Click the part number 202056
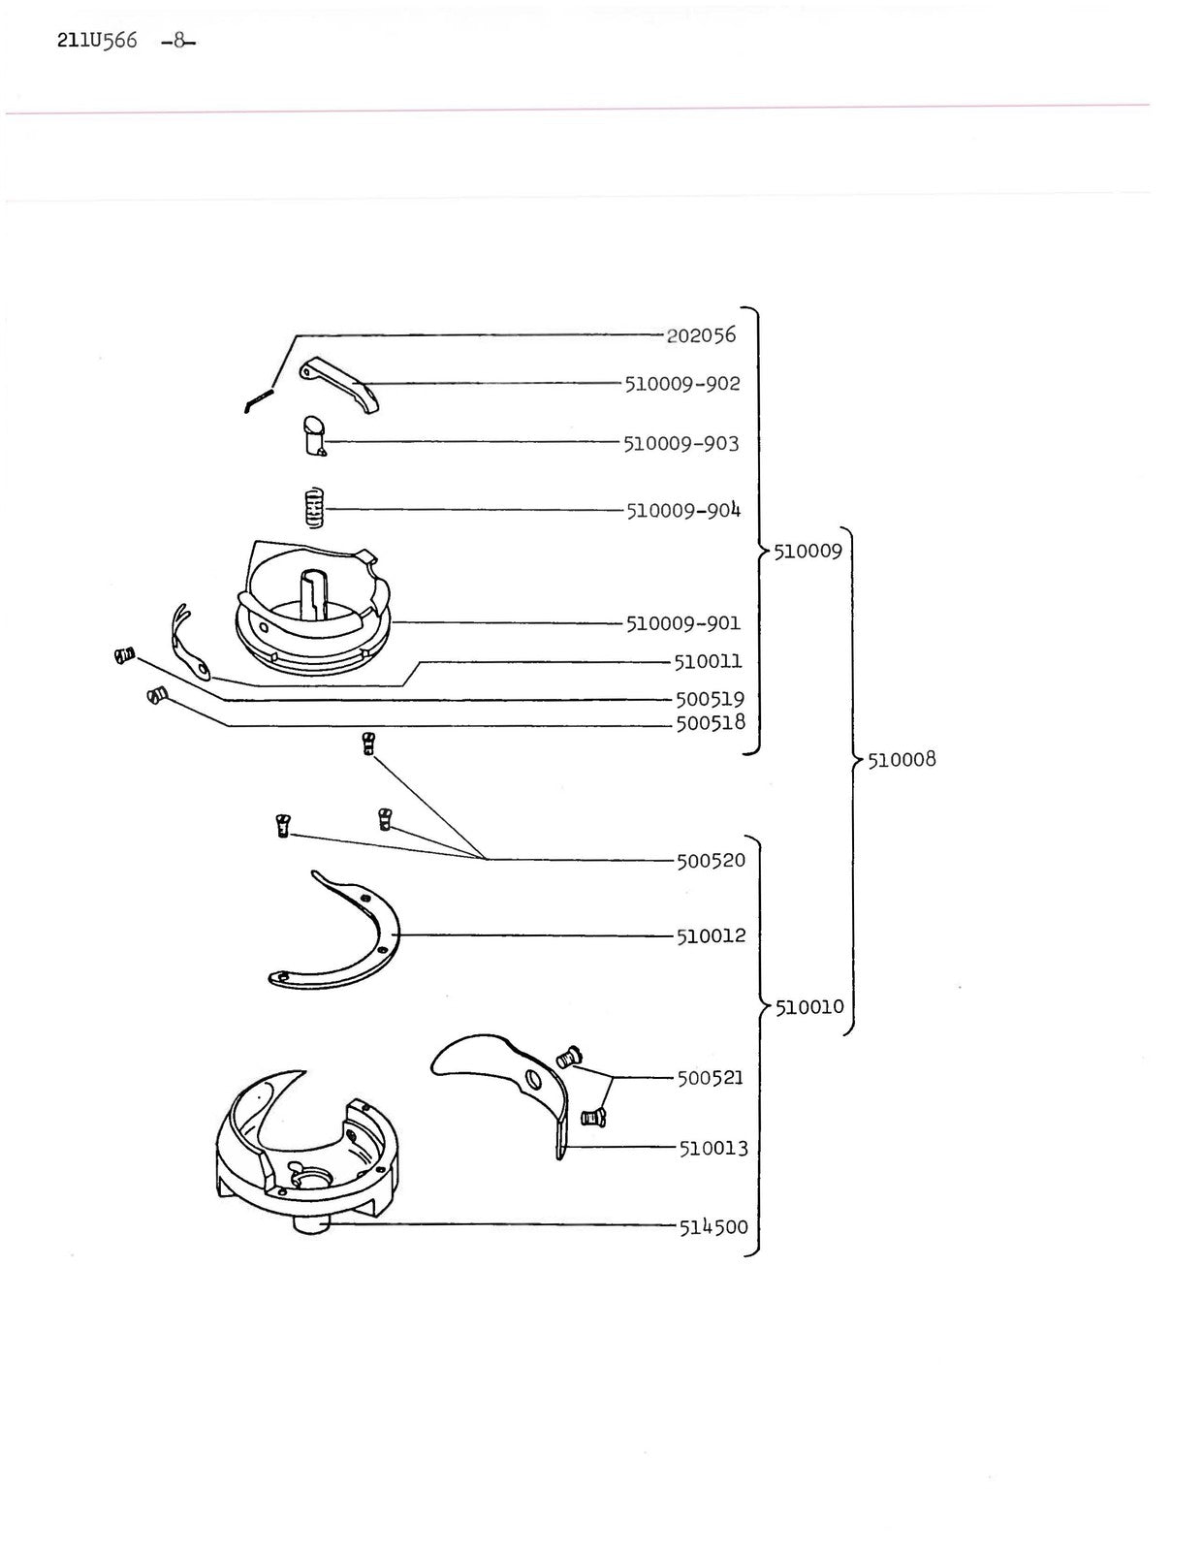pos(701,334)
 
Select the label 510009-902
pos(682,383)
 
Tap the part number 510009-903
pos(681,443)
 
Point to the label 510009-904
pos(683,510)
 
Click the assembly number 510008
pos(902,759)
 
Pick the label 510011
pos(709,662)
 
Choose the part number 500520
pos(711,860)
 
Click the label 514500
pos(713,1227)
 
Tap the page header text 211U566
pos(97,40)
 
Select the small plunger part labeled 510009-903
pos(314,436)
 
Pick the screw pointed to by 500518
pos(156,695)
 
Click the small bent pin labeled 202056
pos(259,399)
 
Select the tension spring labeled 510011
pos(190,641)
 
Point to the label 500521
pos(710,1077)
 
